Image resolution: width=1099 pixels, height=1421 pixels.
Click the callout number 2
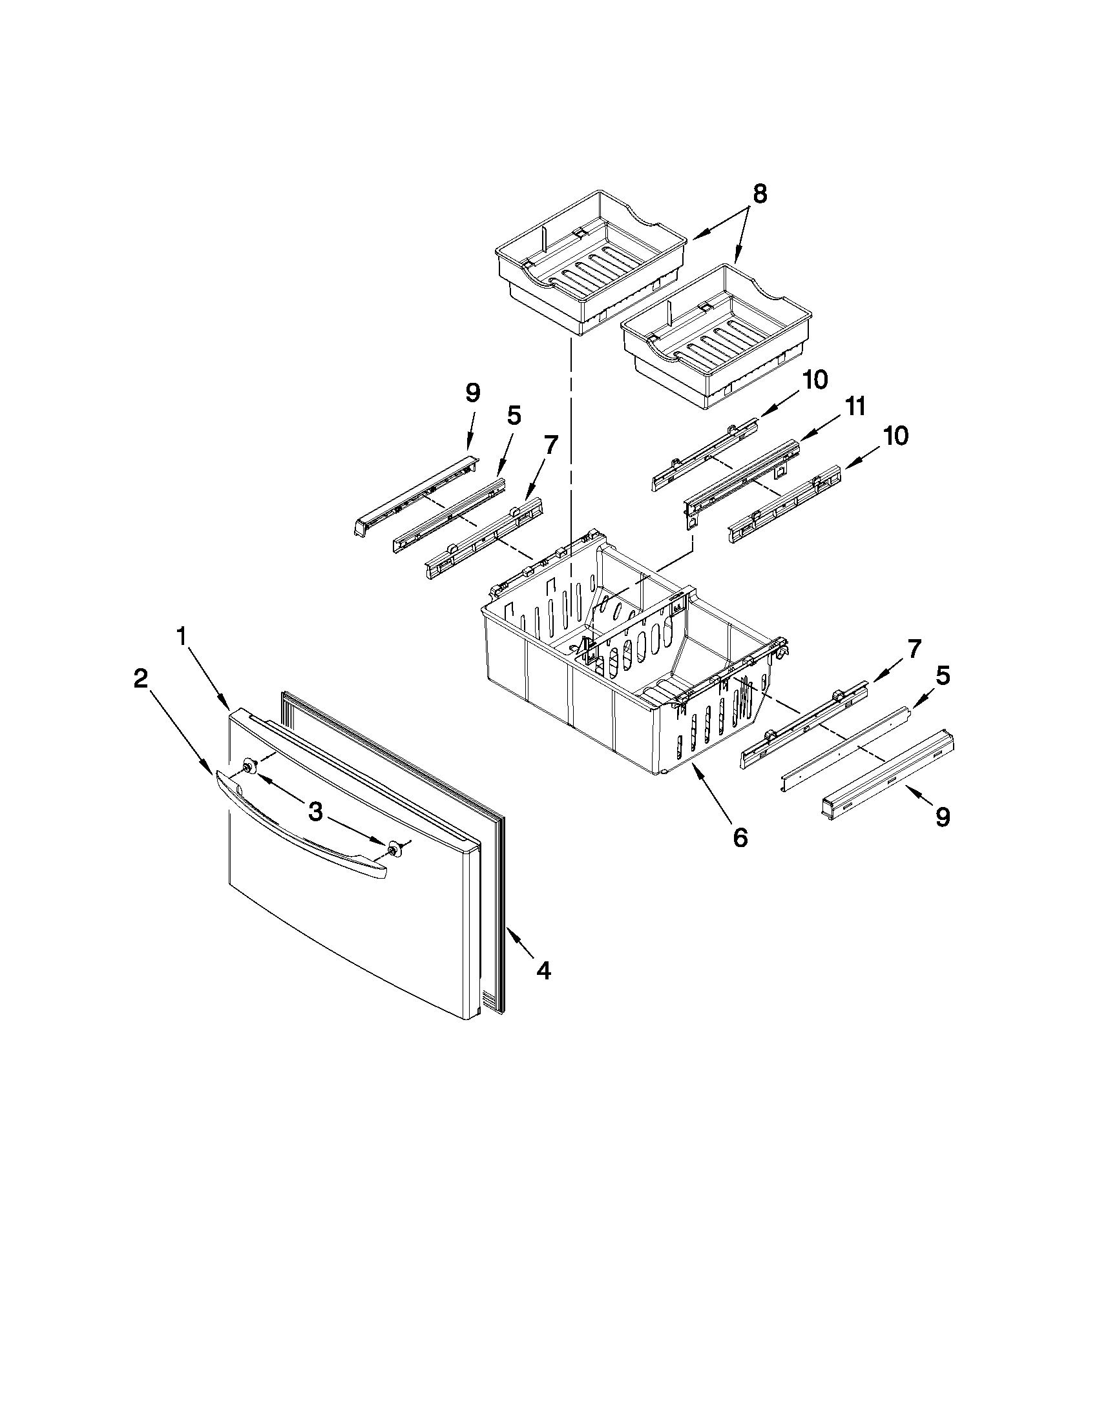tap(140, 679)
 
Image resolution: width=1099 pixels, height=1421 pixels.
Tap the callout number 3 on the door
tap(315, 811)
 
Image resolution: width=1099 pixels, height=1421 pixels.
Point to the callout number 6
tap(740, 838)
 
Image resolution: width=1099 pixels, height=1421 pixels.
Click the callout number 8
tap(759, 194)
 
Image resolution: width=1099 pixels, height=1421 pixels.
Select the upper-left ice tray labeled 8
tap(589, 260)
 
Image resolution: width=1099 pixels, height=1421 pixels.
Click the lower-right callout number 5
tap(942, 676)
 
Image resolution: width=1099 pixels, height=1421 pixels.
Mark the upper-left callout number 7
tap(550, 445)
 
